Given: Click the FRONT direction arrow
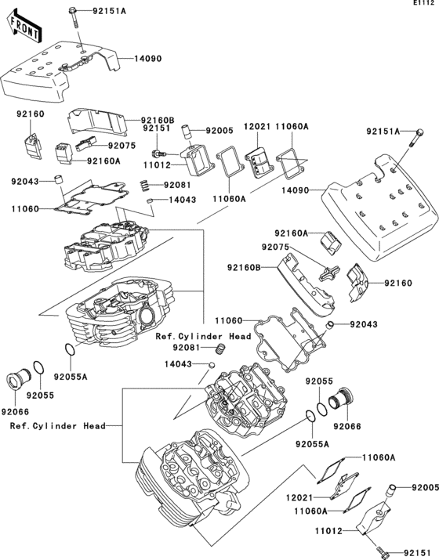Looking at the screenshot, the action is click(24, 27).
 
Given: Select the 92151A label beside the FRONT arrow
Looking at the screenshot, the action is click(110, 11).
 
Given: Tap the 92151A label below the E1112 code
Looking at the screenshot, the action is click(383, 132).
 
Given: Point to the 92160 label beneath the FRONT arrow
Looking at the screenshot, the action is click(31, 114).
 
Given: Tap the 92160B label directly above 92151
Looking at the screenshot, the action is click(158, 121).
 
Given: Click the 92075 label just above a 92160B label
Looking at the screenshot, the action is click(276, 247).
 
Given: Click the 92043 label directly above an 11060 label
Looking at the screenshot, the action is click(24, 182).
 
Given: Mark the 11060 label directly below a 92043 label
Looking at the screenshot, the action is click(24, 209).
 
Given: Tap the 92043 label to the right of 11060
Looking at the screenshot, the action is click(364, 324).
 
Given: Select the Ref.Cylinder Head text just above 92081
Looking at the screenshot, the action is click(203, 337).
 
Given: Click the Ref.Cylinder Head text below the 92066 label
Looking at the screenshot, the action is click(57, 426).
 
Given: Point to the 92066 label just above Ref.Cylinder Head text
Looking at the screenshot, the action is click(16, 412).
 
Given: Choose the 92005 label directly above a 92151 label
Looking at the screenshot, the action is click(425, 487).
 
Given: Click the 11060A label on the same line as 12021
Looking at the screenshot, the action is click(292, 127).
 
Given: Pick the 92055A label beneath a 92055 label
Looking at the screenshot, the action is click(312, 444).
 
